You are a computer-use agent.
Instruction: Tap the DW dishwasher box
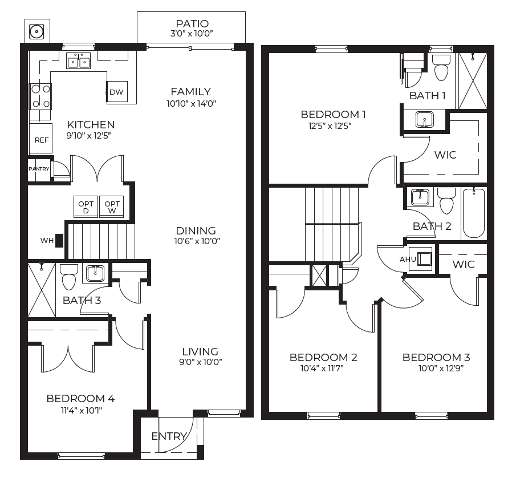[117, 92]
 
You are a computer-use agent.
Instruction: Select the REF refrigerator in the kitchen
[41, 138]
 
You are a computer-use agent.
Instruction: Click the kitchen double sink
[78, 61]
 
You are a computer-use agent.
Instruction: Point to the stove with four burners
[40, 97]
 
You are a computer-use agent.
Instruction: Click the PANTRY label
[39, 169]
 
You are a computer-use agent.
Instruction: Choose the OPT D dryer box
[86, 207]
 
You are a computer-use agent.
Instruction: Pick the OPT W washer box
[112, 207]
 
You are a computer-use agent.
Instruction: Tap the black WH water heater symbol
[59, 240]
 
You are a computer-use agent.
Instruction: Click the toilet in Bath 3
[69, 277]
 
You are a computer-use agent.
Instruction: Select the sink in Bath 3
[95, 274]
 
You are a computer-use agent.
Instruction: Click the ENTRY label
[169, 436]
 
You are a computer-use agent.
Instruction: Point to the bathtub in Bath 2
[474, 213]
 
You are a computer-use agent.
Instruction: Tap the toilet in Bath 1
[441, 67]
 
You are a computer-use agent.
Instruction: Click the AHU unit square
[420, 259]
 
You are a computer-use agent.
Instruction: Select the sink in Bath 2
[420, 197]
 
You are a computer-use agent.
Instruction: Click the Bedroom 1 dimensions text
[330, 126]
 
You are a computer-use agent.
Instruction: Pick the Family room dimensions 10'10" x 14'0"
[191, 104]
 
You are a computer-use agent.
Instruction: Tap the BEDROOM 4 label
[80, 399]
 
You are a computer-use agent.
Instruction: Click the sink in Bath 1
[425, 119]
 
